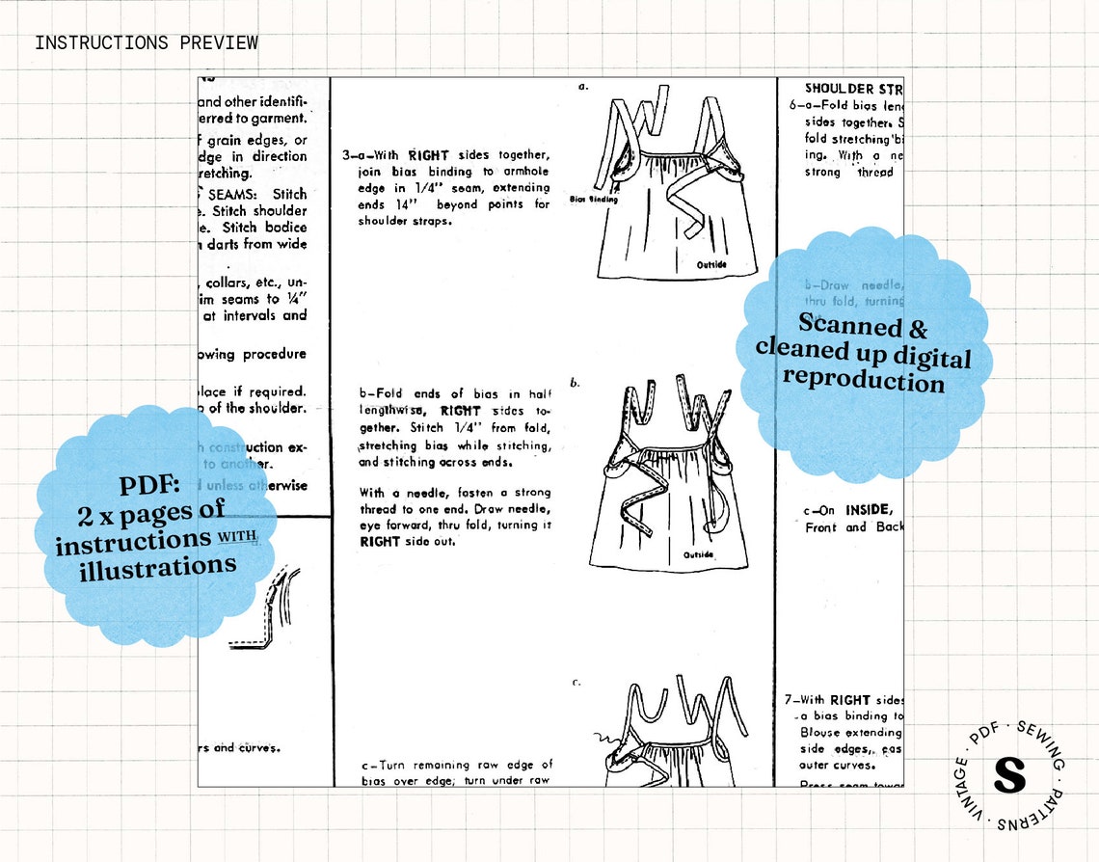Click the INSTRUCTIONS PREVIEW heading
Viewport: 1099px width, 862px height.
(x=147, y=42)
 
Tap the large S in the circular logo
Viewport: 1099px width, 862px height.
(x=1008, y=775)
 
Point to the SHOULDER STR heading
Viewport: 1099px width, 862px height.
(x=852, y=89)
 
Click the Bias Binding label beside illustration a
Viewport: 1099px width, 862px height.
(x=594, y=200)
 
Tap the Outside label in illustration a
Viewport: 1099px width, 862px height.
(x=711, y=264)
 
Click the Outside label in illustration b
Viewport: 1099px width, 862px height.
(x=698, y=554)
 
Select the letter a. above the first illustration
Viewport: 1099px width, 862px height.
(x=583, y=87)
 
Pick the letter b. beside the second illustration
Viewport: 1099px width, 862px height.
(x=576, y=383)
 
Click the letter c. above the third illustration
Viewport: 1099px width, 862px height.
(x=576, y=682)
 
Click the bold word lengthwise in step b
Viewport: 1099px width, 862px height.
(x=395, y=411)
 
